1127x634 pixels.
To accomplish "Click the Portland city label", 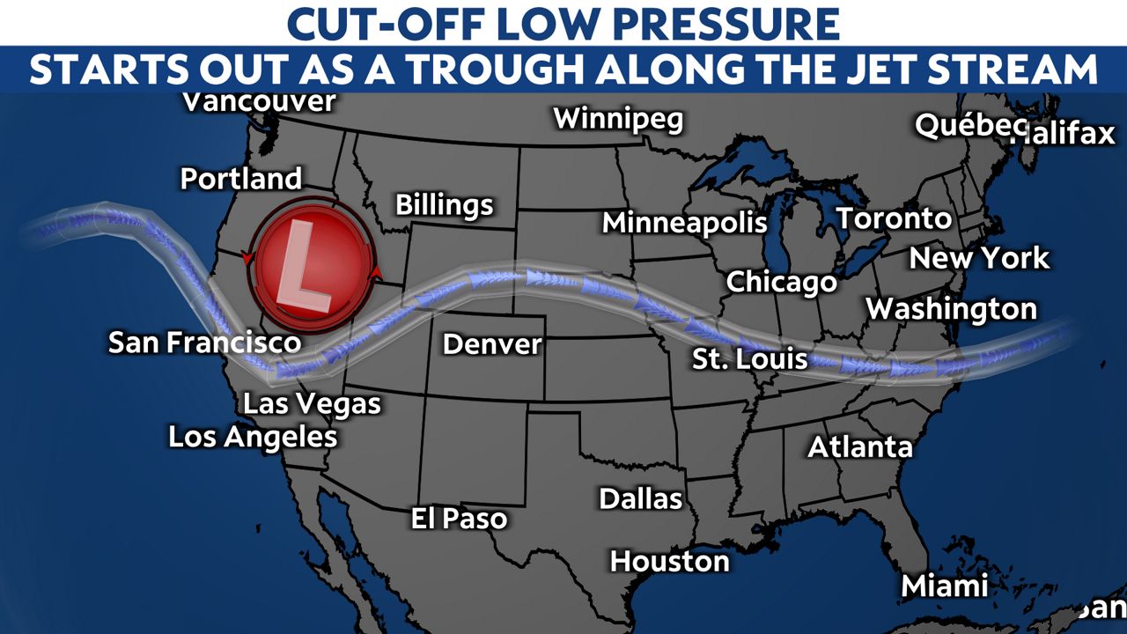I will pos(241,179).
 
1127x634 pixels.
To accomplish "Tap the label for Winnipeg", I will pos(618,118).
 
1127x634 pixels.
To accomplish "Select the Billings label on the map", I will pos(444,205).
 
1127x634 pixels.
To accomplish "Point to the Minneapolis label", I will pos(684,223).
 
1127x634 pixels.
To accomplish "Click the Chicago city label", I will pos(781,283).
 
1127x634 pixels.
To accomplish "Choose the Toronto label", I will pos(893,218).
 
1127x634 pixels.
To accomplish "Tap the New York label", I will pos(979,258).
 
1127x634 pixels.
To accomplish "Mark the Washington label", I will pos(952,309).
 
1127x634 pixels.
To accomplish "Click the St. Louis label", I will pos(750,358).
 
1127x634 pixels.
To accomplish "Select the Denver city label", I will pos(492,343).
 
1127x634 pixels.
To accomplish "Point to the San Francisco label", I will pos(204,342).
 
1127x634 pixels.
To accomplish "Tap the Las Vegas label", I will pos(312,404).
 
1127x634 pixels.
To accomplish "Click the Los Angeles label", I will pos(253,436).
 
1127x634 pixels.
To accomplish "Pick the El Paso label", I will pos(459,518).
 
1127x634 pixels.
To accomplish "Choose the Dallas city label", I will pos(641,498).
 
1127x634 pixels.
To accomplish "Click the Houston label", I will pos(669,560).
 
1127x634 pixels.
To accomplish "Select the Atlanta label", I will pos(860,446).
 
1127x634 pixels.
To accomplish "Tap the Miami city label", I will pos(945,586).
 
